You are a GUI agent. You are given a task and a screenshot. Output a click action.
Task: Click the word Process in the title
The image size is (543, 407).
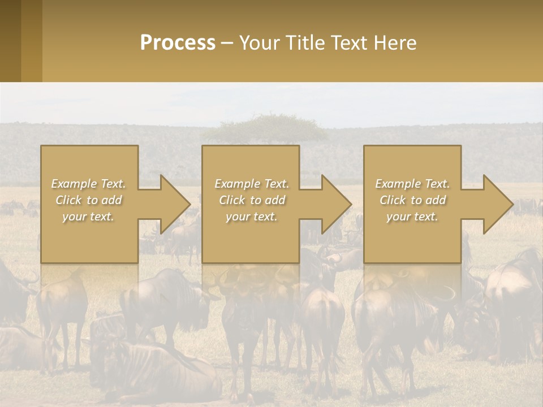178,43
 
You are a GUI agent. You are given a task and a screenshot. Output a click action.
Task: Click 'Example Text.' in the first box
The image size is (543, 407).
88,184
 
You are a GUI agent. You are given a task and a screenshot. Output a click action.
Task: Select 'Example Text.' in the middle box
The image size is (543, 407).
252,184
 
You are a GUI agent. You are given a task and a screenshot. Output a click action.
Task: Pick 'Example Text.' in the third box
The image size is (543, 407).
412,184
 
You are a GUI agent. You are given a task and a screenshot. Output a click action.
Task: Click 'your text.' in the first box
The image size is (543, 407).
88,217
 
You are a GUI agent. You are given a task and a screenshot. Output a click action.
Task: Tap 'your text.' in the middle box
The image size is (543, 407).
252,217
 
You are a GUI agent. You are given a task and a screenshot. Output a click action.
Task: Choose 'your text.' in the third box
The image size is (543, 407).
412,217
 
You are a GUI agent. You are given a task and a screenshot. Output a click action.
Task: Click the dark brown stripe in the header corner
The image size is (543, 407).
10,41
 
